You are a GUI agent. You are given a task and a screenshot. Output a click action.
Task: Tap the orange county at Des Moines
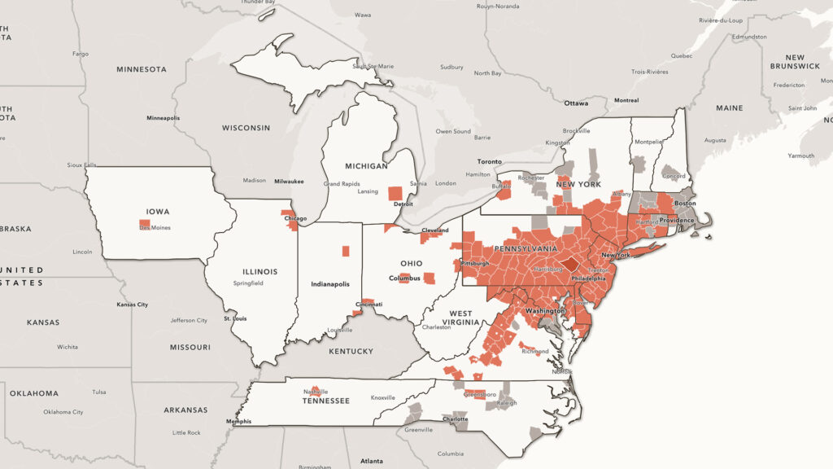click(144, 222)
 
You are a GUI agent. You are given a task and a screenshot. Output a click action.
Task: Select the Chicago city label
click(296, 219)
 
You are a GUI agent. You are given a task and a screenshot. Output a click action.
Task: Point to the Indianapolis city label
click(330, 284)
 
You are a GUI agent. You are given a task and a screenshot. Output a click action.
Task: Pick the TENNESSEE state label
click(325, 401)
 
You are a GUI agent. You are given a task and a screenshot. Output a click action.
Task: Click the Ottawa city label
click(576, 103)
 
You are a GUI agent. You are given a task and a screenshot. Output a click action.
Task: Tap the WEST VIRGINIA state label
click(460, 318)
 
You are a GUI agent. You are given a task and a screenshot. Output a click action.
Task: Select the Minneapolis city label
click(164, 118)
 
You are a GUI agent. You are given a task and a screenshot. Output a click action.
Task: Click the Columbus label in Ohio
click(404, 278)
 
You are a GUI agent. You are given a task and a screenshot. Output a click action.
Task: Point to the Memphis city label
click(238, 422)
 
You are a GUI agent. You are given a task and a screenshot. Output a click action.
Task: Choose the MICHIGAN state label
click(366, 166)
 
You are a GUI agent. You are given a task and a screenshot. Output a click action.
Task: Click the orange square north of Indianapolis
click(346, 251)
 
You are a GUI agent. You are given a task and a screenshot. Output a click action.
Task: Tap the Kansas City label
click(133, 305)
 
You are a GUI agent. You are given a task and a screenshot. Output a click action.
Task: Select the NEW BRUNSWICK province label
click(796, 61)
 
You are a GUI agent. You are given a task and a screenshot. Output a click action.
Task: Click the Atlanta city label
click(372, 461)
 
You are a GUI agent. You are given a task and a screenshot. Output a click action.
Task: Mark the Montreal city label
click(626, 100)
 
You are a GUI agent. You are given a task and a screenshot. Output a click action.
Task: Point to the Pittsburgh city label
click(474, 264)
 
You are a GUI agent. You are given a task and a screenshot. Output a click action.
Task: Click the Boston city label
click(685, 203)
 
